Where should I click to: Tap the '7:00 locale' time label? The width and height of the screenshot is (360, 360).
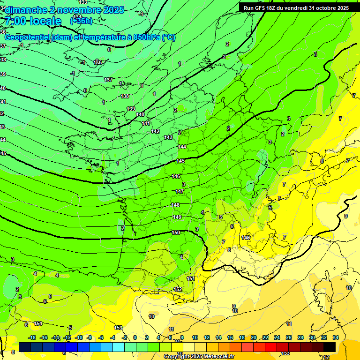click(x=32, y=21)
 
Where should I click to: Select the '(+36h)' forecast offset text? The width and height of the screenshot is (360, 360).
click(x=81, y=21)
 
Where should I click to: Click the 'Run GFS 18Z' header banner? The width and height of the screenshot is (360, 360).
click(x=296, y=8)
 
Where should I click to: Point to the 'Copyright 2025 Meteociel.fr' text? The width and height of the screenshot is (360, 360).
click(x=199, y=356)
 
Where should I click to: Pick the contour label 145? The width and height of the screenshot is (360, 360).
click(x=181, y=161)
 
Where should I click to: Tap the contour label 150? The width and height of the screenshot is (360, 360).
click(x=175, y=232)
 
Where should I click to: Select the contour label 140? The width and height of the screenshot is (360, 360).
click(x=140, y=114)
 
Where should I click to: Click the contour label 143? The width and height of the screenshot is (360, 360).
click(x=168, y=137)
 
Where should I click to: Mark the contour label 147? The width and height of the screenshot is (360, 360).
click(x=180, y=191)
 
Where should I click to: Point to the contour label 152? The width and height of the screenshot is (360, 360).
click(x=178, y=289)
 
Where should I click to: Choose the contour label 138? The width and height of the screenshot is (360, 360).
click(x=125, y=96)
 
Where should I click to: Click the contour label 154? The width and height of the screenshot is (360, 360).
click(x=38, y=323)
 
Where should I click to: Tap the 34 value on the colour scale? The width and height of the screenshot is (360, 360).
click(x=336, y=337)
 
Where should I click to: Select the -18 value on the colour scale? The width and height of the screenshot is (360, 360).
click(x=32, y=337)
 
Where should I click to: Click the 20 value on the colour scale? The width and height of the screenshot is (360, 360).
click(x=253, y=337)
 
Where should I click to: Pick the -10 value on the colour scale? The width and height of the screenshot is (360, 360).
click(x=79, y=337)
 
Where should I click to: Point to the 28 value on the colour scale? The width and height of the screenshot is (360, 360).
click(x=300, y=337)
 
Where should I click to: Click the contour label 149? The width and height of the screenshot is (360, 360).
click(x=177, y=217)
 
